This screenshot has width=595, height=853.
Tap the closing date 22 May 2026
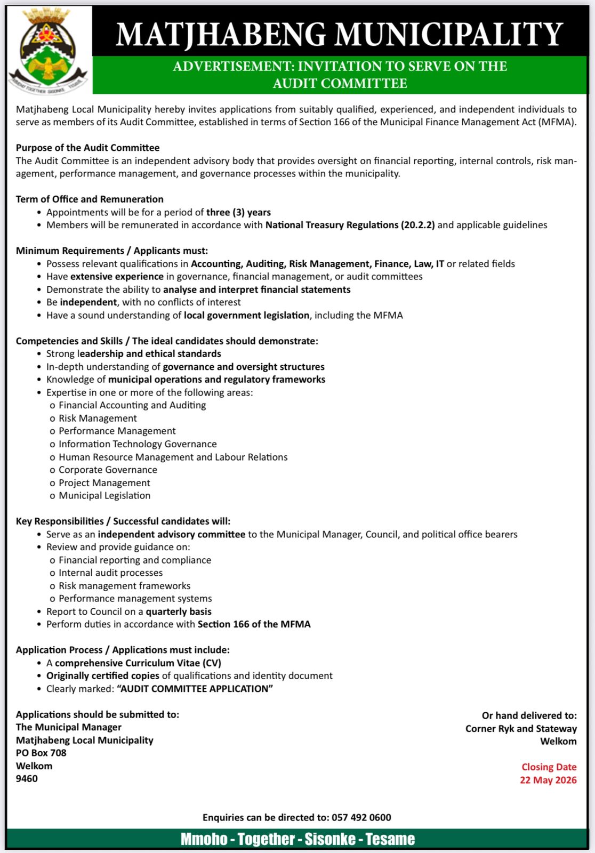[548, 780]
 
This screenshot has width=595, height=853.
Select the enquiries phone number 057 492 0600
[361, 817]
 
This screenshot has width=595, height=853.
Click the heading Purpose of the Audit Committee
[87, 148]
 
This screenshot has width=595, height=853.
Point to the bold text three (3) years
[238, 212]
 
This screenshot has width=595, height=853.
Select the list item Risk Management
[98, 419]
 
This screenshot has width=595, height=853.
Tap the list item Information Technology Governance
[138, 444]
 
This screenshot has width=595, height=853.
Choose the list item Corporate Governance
[108, 470]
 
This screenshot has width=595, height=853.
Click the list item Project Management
[104, 483]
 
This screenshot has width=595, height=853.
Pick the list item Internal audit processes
[110, 573]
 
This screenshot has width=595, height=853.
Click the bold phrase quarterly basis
[179, 611]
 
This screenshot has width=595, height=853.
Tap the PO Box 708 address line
[41, 753]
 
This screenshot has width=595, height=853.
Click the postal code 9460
[27, 778]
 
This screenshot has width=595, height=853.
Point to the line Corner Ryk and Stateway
[521, 728]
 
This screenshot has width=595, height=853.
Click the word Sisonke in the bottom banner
[330, 839]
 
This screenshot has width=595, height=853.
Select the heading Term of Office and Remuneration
[90, 199]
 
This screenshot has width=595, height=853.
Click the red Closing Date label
[549, 767]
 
